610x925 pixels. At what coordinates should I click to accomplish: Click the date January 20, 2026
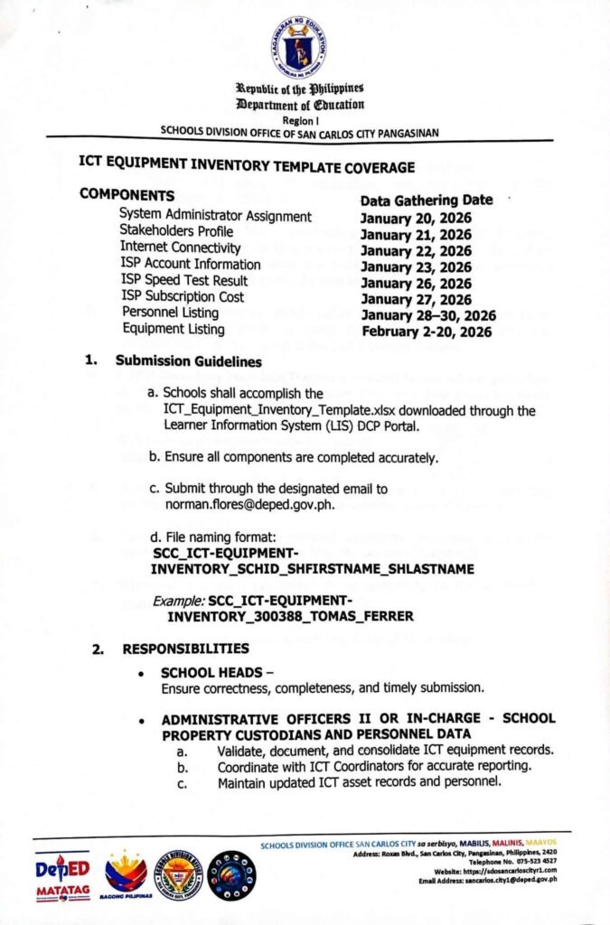(x=416, y=218)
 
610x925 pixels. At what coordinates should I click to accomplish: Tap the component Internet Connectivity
(x=181, y=248)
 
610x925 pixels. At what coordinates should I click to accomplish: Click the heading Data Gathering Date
(x=427, y=201)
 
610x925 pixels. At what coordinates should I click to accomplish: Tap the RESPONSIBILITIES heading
(x=186, y=648)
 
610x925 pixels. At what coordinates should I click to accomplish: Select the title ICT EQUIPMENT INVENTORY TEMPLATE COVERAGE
(x=248, y=167)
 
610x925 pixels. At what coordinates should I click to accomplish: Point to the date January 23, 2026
(x=416, y=266)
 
